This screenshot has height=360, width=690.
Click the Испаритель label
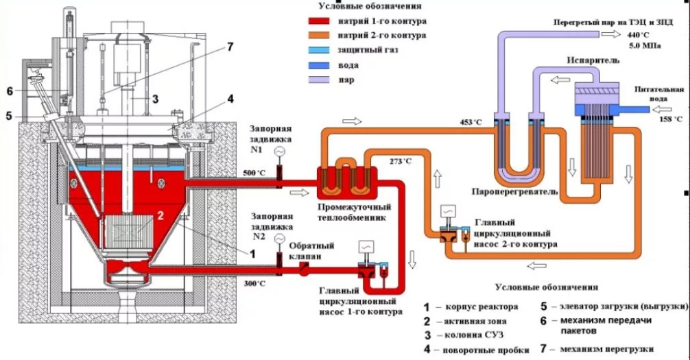point(593,60)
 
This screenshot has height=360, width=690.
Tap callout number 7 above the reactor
point(230,47)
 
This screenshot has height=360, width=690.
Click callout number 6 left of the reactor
point(10,91)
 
